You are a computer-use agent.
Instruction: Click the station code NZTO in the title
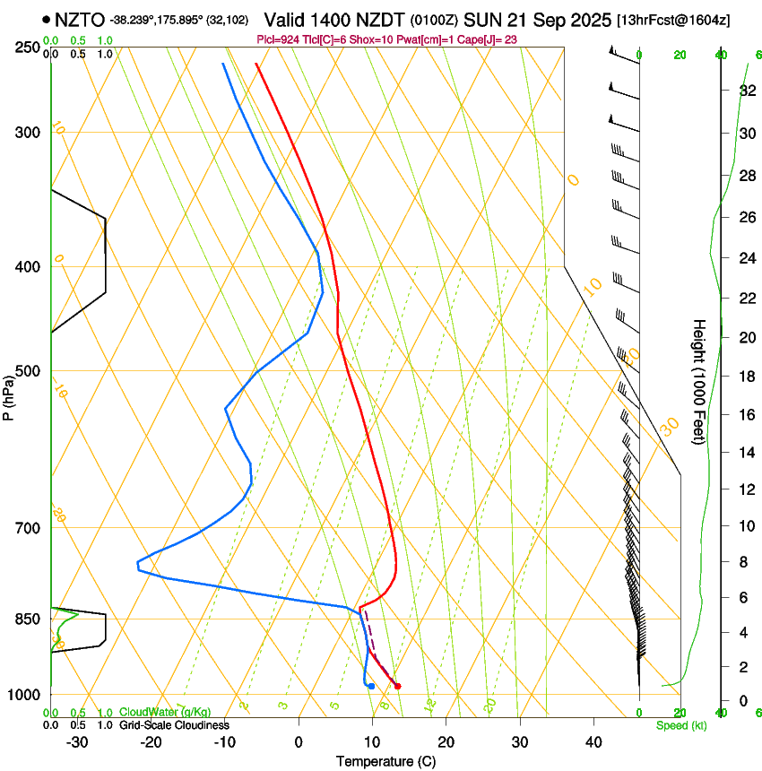click(80, 20)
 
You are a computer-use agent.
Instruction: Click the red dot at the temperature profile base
click(397, 686)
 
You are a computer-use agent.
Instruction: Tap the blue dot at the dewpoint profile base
click(371, 686)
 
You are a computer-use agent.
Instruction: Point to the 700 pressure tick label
click(29, 528)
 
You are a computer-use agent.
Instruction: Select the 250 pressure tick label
click(29, 48)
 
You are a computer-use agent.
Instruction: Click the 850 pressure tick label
click(29, 619)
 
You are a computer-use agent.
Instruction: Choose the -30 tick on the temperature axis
click(77, 741)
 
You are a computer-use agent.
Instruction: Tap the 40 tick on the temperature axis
click(593, 741)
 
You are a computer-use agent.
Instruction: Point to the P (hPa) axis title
click(8, 395)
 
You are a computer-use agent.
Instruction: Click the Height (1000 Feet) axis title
click(699, 381)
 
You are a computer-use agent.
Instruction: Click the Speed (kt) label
click(681, 725)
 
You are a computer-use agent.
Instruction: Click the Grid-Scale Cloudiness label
click(174, 725)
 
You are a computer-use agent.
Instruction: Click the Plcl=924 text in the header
click(278, 39)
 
